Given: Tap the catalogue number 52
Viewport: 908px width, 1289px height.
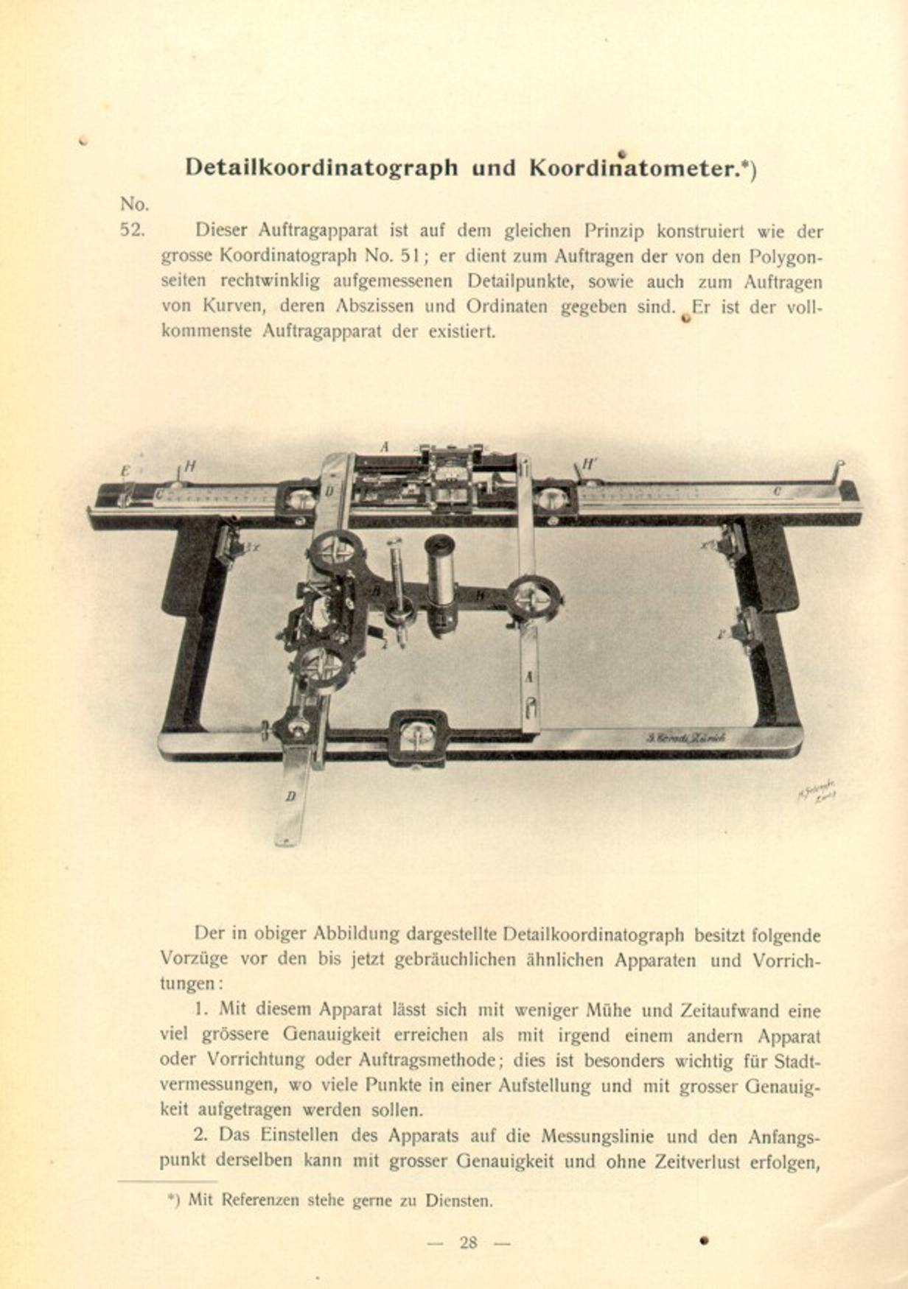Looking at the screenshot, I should pyautogui.click(x=132, y=229).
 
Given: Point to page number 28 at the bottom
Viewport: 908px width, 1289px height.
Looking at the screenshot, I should pyautogui.click(x=468, y=1243).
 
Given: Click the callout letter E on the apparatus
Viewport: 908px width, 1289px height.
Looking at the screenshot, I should pyautogui.click(x=125, y=469).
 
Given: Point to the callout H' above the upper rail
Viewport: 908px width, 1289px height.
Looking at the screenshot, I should pyautogui.click(x=590, y=465).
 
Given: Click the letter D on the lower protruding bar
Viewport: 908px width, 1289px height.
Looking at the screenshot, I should pyautogui.click(x=290, y=796).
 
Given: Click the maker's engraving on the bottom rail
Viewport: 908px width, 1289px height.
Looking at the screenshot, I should pyautogui.click(x=685, y=737).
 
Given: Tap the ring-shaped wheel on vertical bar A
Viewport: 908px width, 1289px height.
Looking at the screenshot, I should pyautogui.click(x=534, y=598).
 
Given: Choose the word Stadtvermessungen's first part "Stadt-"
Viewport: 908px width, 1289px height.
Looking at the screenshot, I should pyautogui.click(x=798, y=1061).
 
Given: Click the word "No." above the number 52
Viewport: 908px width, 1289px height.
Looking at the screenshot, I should pyautogui.click(x=134, y=204).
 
